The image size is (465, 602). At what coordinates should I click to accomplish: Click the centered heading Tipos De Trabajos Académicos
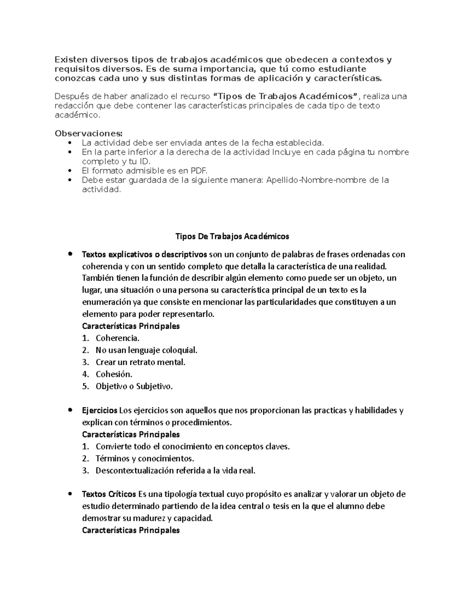232,236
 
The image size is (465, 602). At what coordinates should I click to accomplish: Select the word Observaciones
88,134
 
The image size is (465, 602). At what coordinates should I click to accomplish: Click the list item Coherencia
117,338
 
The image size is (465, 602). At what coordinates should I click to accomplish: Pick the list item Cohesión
114,374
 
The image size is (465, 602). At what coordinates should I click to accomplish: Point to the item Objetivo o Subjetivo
134,386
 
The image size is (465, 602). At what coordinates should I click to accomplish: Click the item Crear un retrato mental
140,362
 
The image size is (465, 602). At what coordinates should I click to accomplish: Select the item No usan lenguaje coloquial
146,350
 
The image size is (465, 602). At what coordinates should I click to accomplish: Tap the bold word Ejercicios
100,410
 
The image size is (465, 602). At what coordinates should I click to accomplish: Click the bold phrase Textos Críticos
109,494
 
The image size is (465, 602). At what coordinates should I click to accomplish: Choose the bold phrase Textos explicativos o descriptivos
145,255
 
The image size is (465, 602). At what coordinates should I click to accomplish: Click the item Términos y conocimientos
145,459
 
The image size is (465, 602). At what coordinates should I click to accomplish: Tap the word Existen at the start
71,60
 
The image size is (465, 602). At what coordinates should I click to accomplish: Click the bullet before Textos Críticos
70,494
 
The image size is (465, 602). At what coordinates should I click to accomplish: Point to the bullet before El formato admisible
70,171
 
